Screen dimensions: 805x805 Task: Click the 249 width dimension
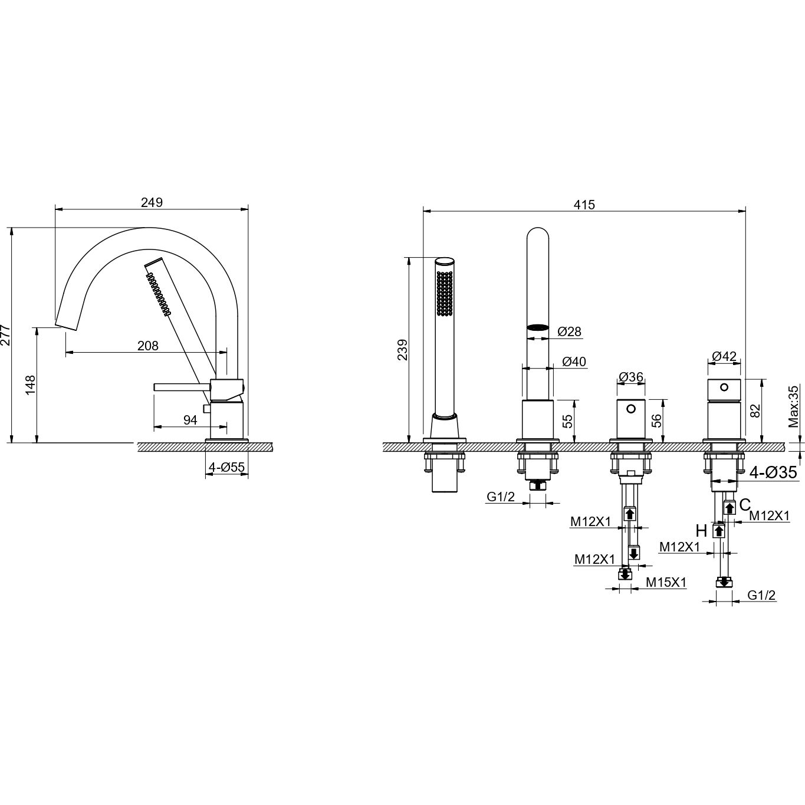[x=151, y=202]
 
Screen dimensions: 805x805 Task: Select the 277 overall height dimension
[x=6, y=335]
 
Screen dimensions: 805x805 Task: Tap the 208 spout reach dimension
[x=148, y=346]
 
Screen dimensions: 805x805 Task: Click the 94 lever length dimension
[x=190, y=420]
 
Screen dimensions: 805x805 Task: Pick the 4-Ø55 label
[x=227, y=467]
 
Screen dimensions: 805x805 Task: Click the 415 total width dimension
[x=584, y=205]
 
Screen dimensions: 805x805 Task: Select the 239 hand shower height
[x=402, y=349]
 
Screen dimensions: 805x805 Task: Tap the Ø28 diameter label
[x=569, y=331]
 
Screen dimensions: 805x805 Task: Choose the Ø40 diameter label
[x=574, y=362]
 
